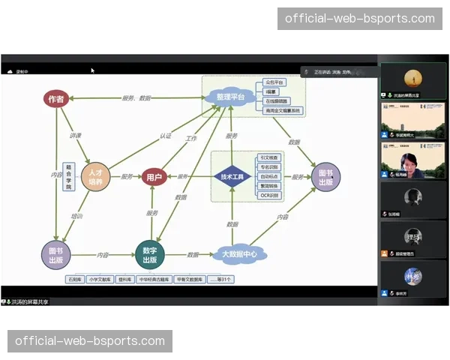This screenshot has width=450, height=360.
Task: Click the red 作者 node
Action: click(55, 98)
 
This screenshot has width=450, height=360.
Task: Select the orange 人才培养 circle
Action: click(95, 177)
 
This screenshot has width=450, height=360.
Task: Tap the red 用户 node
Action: click(154, 177)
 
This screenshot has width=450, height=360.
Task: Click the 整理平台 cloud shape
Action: click(229, 97)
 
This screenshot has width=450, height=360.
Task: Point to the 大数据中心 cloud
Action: click(239, 254)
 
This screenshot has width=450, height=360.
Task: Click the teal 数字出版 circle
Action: click(148, 255)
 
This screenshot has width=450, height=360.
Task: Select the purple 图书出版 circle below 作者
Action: click(55, 255)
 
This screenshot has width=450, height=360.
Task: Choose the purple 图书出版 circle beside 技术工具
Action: click(325, 177)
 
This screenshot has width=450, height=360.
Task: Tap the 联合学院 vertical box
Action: click(69, 176)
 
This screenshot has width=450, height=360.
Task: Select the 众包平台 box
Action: click(275, 82)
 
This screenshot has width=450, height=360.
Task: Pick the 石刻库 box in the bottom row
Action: click(74, 279)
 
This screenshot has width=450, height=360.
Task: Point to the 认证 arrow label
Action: click(165, 136)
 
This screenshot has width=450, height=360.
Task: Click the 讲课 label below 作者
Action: click(75, 136)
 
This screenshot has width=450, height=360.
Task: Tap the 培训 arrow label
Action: click(76, 216)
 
